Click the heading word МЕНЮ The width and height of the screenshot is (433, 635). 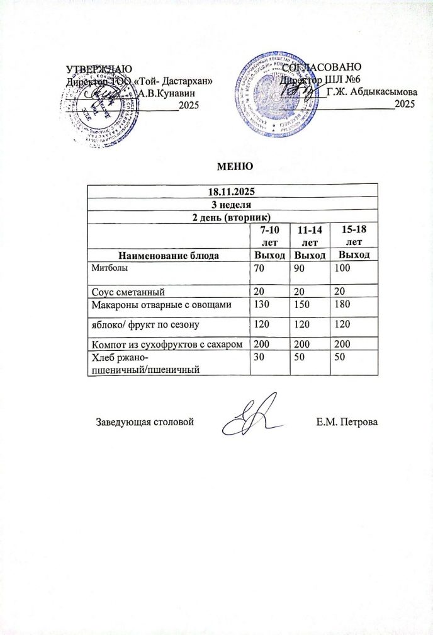(234, 167)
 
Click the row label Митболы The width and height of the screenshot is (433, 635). (105, 268)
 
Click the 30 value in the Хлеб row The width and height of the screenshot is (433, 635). (258, 357)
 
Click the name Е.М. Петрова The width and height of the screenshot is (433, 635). (347, 420)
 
